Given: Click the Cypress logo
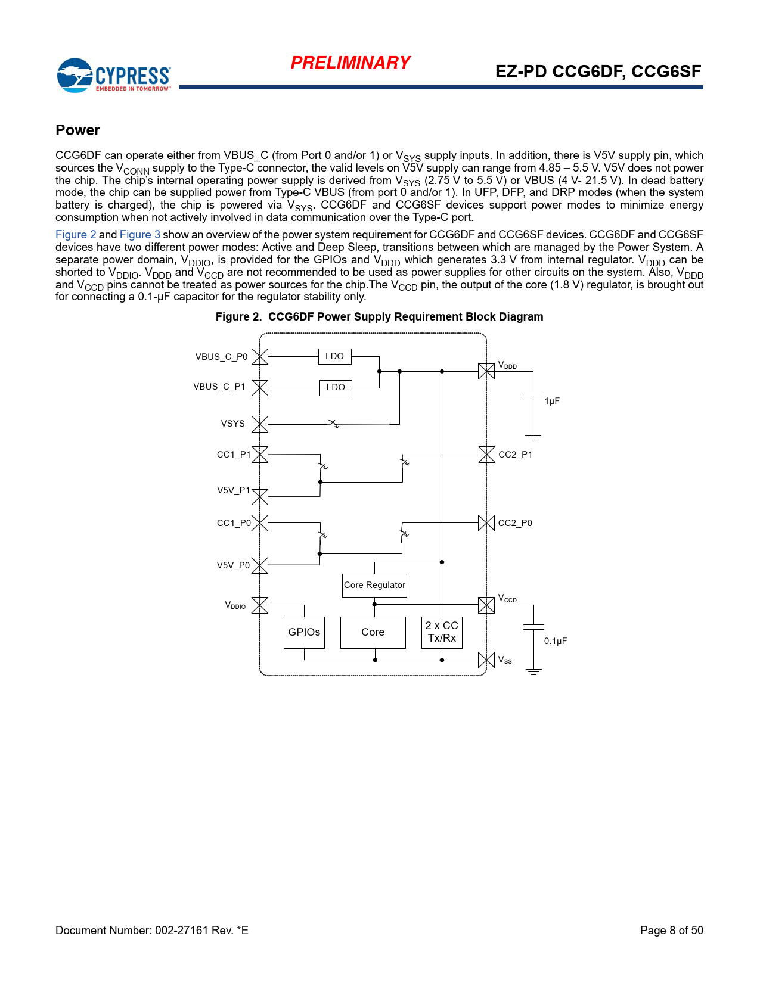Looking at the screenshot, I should click(113, 75).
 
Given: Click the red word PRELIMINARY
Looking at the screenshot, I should click(350, 63).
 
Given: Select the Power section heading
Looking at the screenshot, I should click(77, 130).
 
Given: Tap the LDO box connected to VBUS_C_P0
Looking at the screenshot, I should click(334, 356).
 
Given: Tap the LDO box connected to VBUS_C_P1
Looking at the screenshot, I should click(336, 387).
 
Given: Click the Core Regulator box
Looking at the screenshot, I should click(374, 585).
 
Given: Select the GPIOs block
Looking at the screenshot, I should click(304, 632).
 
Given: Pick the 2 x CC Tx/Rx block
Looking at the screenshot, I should click(442, 632).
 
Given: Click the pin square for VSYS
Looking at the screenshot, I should click(260, 424).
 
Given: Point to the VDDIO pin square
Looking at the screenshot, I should click(260, 605).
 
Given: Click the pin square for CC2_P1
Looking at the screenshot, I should click(486, 455).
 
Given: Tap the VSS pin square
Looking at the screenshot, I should click(486, 660).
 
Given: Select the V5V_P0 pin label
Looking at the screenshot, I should click(233, 565).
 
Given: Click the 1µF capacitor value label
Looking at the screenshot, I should click(552, 401).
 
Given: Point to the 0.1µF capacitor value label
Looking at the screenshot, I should click(555, 641).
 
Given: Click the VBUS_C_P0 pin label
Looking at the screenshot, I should click(221, 357).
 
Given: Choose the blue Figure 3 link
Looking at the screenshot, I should click(140, 235).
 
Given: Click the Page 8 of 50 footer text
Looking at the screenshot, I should click(671, 930).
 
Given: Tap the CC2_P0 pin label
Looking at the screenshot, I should click(515, 523).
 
